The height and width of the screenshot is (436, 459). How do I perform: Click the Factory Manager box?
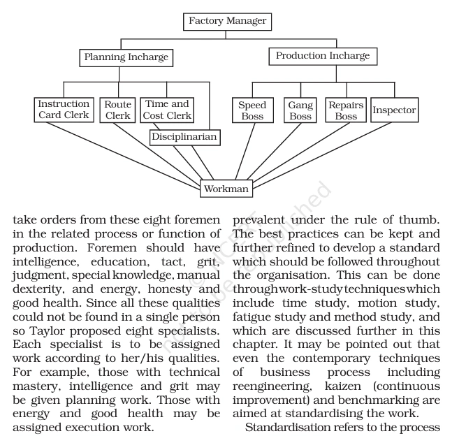[x=227, y=22]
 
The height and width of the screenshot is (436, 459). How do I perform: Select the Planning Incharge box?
[x=126, y=58]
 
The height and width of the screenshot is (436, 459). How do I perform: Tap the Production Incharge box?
[x=323, y=56]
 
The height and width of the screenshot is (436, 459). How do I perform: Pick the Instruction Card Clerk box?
[x=64, y=110]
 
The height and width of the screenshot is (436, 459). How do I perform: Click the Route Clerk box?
[x=117, y=110]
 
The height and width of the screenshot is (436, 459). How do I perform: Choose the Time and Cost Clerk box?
[x=167, y=110]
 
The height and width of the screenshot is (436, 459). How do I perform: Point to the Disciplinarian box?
[x=184, y=138]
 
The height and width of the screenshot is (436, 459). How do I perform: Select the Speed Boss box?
[x=253, y=110]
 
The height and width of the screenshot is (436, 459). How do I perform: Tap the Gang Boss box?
[x=300, y=110]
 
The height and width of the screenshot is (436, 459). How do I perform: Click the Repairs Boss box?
[x=346, y=110]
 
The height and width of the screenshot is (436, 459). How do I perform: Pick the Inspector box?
[x=394, y=110]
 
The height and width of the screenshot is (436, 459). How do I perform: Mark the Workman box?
[x=226, y=189]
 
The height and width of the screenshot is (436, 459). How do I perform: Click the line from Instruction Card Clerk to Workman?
[x=124, y=156]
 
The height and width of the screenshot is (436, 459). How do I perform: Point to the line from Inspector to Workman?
[x=322, y=155]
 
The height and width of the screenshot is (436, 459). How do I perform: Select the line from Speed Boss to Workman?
[x=245, y=152]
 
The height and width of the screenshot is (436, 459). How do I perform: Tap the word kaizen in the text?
[x=343, y=386]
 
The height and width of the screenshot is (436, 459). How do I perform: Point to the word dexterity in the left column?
[x=38, y=289]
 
